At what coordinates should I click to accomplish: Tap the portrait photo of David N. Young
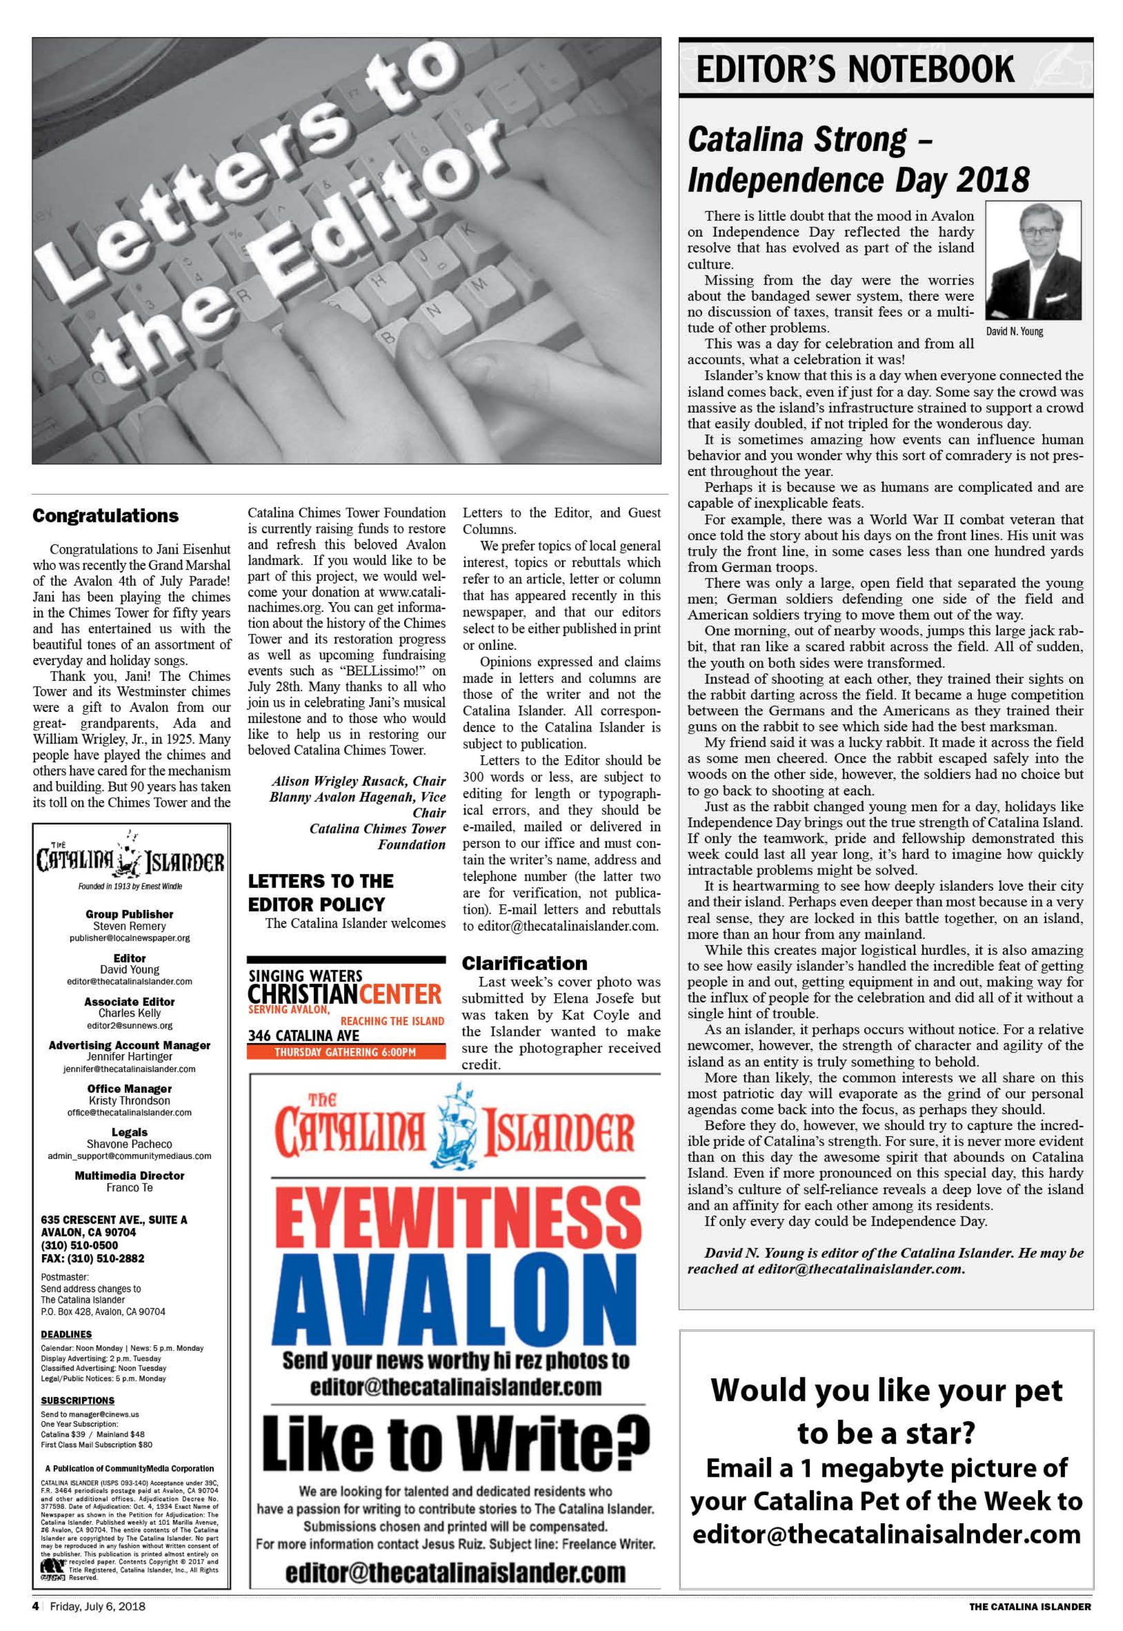point(1033,260)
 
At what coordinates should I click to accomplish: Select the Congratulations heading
point(106,515)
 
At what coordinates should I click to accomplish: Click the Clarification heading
point(524,962)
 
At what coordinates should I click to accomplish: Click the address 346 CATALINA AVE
point(303,1035)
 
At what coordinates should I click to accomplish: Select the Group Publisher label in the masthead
point(129,914)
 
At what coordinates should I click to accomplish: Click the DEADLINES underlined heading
point(66,1334)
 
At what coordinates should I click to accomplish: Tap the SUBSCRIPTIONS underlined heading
point(78,1400)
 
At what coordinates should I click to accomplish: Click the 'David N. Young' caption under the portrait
point(1015,331)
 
